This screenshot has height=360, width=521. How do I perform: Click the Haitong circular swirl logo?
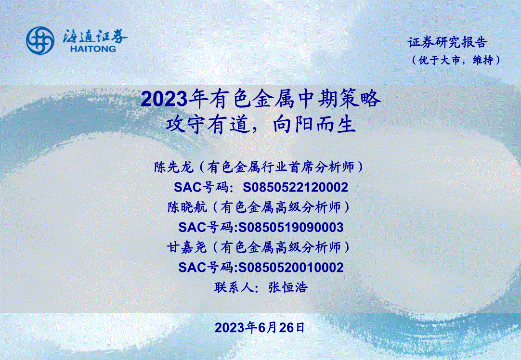pos(40,40)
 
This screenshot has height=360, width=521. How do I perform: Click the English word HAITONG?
pos(93,49)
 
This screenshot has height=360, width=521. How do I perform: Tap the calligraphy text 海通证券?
pos(95,36)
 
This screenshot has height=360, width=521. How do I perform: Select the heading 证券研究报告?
pos(447,42)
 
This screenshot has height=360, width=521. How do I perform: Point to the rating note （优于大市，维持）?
pos(456,60)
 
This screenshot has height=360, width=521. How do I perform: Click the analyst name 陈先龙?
pos(173,167)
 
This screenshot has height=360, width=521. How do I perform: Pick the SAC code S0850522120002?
pos(295,187)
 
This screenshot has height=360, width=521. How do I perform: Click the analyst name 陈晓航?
pos(187,207)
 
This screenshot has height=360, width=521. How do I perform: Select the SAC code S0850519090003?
pos(291,228)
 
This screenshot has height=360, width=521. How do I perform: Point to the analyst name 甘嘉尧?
pos(187,247)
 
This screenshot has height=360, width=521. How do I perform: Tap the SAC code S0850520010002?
pos(291,267)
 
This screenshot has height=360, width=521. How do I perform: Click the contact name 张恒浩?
pos(288,287)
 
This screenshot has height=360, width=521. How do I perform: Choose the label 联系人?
pos(234,287)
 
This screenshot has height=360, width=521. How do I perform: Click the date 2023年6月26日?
pos(260,328)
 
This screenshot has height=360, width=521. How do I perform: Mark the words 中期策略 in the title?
pos(337,99)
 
